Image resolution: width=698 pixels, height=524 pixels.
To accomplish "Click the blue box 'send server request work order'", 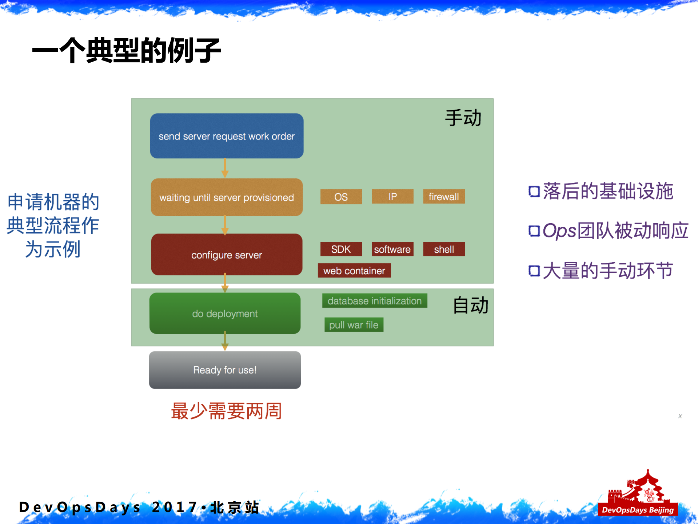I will [x=227, y=136].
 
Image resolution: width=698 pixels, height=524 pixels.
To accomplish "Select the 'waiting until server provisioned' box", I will [x=227, y=197].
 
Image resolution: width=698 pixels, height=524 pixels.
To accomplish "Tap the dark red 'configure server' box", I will [x=227, y=255].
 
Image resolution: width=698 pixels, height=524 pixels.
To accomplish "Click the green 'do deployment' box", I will [x=225, y=313].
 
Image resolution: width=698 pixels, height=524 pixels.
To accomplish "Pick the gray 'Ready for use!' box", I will [x=225, y=370].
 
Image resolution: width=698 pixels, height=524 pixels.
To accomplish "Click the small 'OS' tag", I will [x=341, y=197].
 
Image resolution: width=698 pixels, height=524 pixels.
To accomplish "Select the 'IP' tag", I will [x=392, y=197].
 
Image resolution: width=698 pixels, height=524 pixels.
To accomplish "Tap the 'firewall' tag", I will [x=443, y=197].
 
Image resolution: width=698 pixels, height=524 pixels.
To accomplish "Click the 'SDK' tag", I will [x=341, y=249].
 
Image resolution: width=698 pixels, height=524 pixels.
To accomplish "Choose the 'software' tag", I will [x=392, y=249].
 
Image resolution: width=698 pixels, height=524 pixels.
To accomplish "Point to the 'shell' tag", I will [x=443, y=249].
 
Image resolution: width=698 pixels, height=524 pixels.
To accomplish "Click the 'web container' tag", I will [x=354, y=271].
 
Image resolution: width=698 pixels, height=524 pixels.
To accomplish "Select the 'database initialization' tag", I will [x=374, y=301].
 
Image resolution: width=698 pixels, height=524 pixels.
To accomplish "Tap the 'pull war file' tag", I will [x=354, y=324].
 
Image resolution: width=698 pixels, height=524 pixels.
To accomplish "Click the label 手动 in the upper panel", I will [x=463, y=118].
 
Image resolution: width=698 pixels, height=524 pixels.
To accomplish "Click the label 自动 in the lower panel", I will [x=470, y=305].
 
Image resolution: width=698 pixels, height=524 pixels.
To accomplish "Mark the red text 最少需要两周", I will [x=226, y=411].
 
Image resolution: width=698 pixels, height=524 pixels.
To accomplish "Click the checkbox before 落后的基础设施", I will [x=534, y=191].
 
